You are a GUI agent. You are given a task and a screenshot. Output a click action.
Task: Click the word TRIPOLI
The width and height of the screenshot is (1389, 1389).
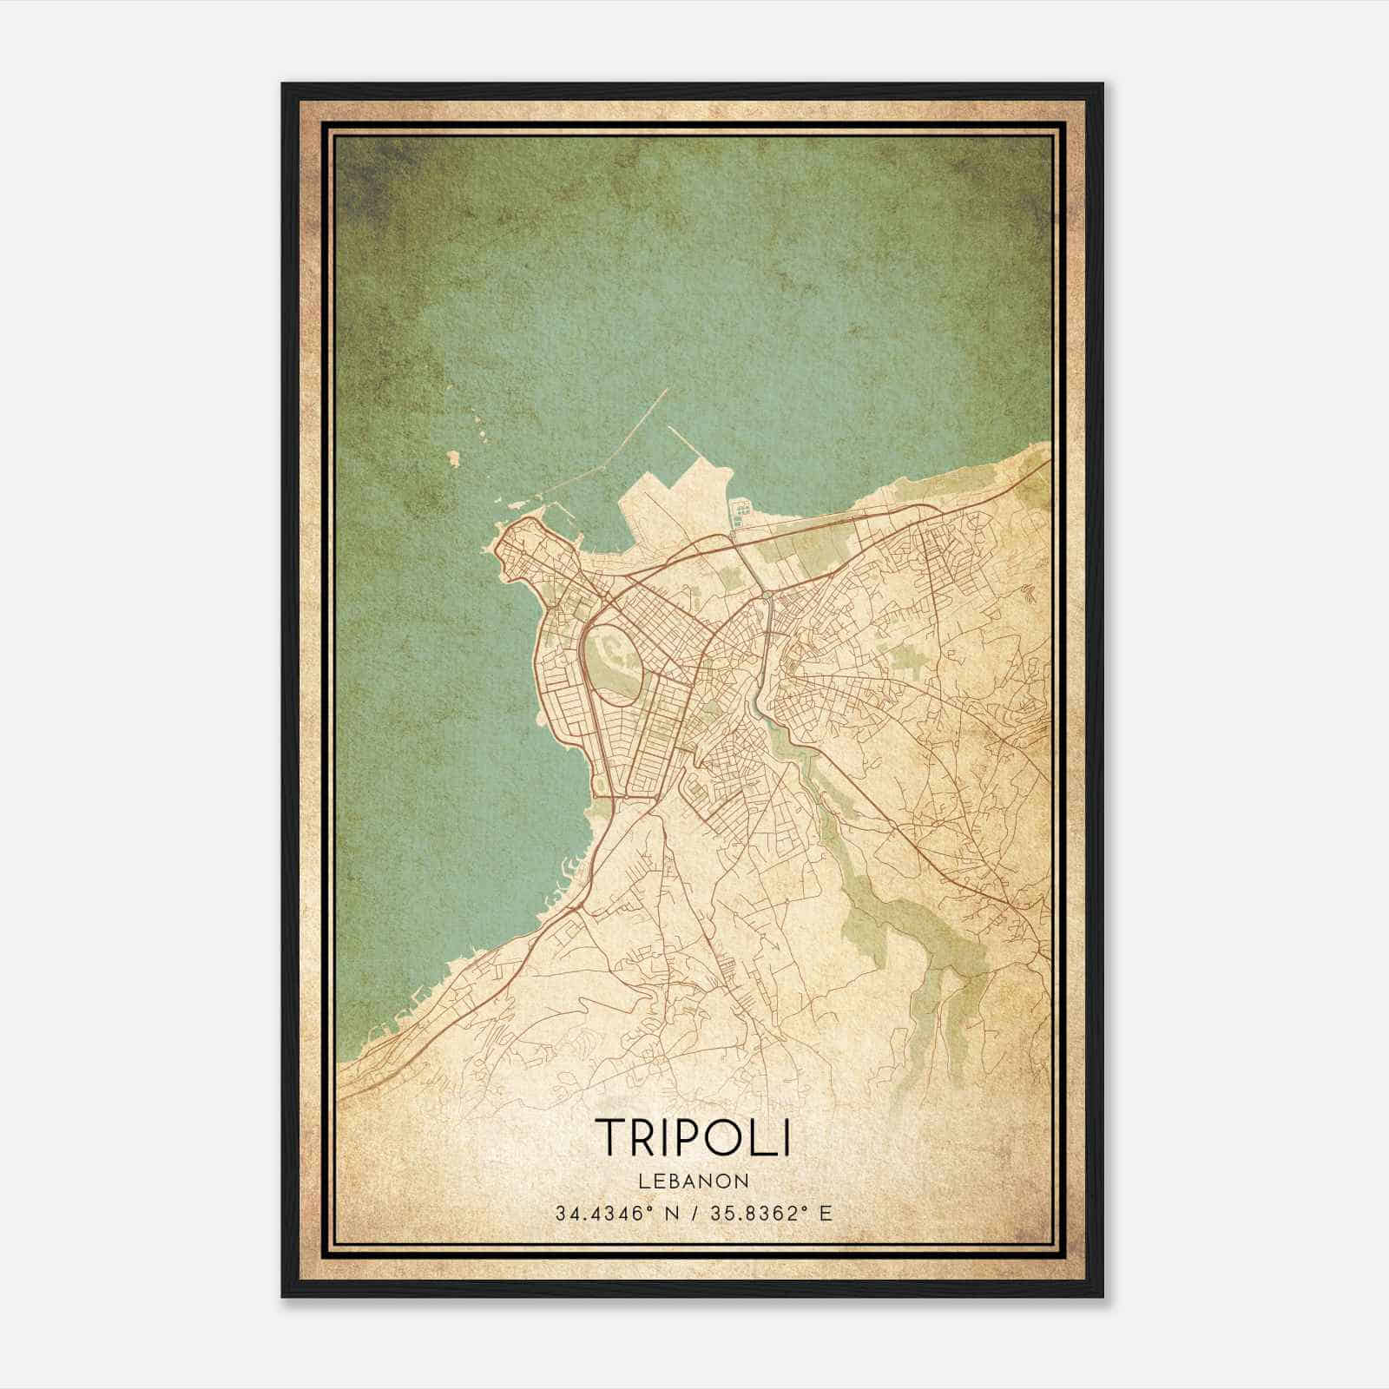[693, 1136]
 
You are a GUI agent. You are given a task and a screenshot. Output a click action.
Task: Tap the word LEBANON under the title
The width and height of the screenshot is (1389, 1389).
[694, 1181]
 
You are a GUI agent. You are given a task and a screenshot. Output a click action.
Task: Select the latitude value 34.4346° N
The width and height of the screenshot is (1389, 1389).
[611, 1213]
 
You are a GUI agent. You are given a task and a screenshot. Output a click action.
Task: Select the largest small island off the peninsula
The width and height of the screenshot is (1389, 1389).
[452, 458]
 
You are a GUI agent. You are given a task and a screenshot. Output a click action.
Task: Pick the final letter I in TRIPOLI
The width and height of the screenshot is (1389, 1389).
[786, 1136]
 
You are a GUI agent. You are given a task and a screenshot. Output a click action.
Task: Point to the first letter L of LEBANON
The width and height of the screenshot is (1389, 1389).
[642, 1181]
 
